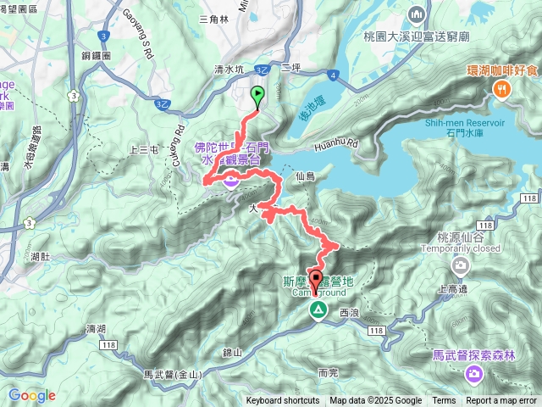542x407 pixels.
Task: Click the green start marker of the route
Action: coord(257,96)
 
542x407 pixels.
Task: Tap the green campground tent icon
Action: coord(317,310)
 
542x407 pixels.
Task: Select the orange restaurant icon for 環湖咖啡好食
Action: coord(502,88)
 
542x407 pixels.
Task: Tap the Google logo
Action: coord(31,395)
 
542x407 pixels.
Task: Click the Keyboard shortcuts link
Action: coord(283,401)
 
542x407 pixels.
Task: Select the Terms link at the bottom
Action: coord(444,401)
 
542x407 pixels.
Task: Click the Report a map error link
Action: coord(501,401)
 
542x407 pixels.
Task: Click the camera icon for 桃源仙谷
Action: coord(461,267)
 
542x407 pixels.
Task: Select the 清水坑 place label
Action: coord(207,71)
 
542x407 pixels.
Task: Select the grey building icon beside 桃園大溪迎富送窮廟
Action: coord(416,14)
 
